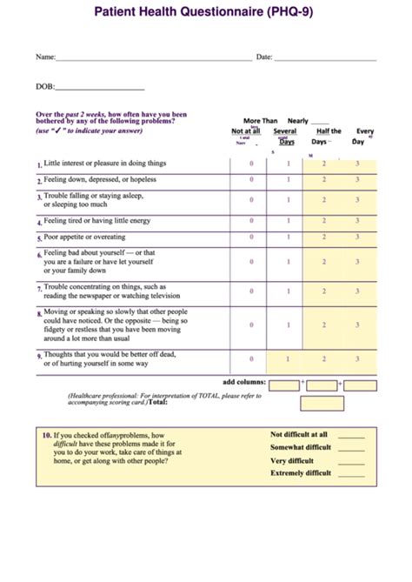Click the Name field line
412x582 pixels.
[x=153, y=58]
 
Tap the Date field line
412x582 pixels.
[x=326, y=58]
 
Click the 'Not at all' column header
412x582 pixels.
[x=246, y=131]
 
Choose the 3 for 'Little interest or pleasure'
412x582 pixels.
[x=357, y=164]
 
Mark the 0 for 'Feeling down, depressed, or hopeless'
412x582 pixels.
[x=251, y=180]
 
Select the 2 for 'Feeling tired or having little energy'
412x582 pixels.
[x=323, y=221]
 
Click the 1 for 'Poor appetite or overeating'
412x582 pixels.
[x=289, y=237]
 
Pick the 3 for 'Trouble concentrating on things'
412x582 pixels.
[x=357, y=291]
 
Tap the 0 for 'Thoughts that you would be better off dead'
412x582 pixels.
[x=251, y=358]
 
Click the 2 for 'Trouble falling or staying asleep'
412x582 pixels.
[x=323, y=200]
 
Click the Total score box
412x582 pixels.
[x=322, y=403]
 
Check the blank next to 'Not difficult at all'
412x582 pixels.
[x=351, y=435]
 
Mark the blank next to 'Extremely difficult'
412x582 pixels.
[x=351, y=474]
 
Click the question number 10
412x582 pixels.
[x=45, y=434]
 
